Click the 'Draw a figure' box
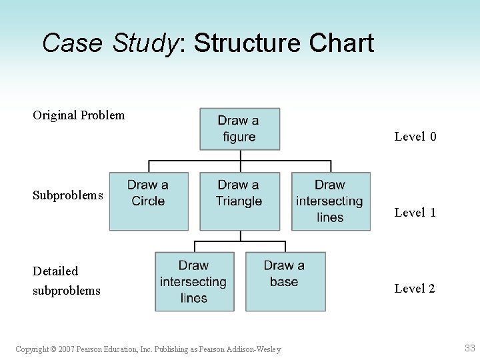pos(239,129)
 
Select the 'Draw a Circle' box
pos(148,201)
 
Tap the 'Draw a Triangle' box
pos(239,201)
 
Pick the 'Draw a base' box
pos(285,281)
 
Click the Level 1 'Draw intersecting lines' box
pos(330,201)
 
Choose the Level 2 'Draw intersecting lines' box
pos(194,281)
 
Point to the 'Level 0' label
pos(415,137)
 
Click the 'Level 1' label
pos(415,213)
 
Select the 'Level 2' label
pos(415,289)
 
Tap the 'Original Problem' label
pos(79,115)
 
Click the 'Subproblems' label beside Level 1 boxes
pos(68,195)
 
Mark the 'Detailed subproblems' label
pos(67,281)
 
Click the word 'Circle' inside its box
pos(148,201)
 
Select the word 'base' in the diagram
pos(284,281)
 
